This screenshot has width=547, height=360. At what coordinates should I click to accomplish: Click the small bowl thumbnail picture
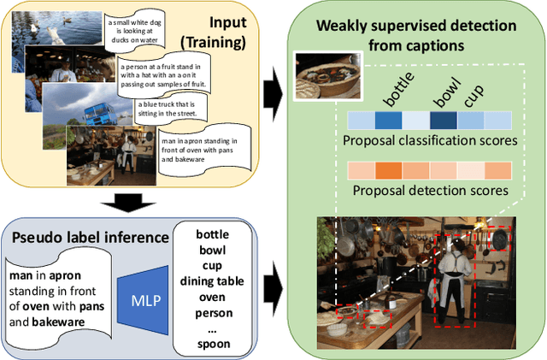click(325, 76)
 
